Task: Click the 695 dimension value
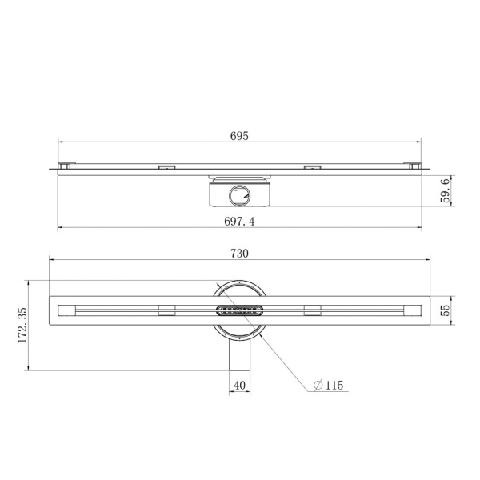click(239, 136)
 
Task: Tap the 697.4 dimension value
click(239, 221)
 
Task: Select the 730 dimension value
click(239, 254)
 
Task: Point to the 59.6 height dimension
click(446, 191)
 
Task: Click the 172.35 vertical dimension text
click(22, 326)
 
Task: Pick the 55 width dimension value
click(446, 310)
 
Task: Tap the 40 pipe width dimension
click(239, 385)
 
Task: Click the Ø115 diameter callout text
click(329, 385)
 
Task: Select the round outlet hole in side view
click(239, 196)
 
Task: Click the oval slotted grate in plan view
click(239, 310)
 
